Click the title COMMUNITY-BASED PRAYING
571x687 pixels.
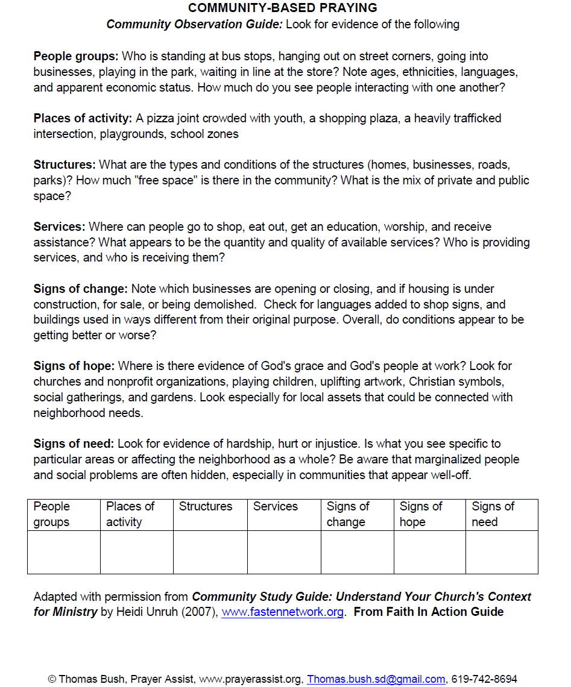click(x=283, y=8)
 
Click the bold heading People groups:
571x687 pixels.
click(x=76, y=57)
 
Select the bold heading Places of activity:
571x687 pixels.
click(x=83, y=118)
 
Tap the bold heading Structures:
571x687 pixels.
click(x=65, y=165)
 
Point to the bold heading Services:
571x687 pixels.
click(x=59, y=227)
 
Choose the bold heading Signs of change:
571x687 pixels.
click(x=81, y=289)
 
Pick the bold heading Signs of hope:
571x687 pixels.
click(x=74, y=366)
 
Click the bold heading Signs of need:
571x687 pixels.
click(x=74, y=444)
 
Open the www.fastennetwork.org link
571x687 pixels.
click(x=283, y=612)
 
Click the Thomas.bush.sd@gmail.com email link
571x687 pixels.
click(x=376, y=679)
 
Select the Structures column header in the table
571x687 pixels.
click(x=206, y=507)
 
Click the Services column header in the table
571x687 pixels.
click(x=276, y=507)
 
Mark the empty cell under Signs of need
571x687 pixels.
click(x=502, y=552)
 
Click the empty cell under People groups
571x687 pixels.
click(x=64, y=552)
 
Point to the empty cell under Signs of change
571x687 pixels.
click(x=357, y=552)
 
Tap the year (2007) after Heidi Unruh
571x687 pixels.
click(x=203, y=612)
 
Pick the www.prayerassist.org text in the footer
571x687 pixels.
click(x=250, y=679)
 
